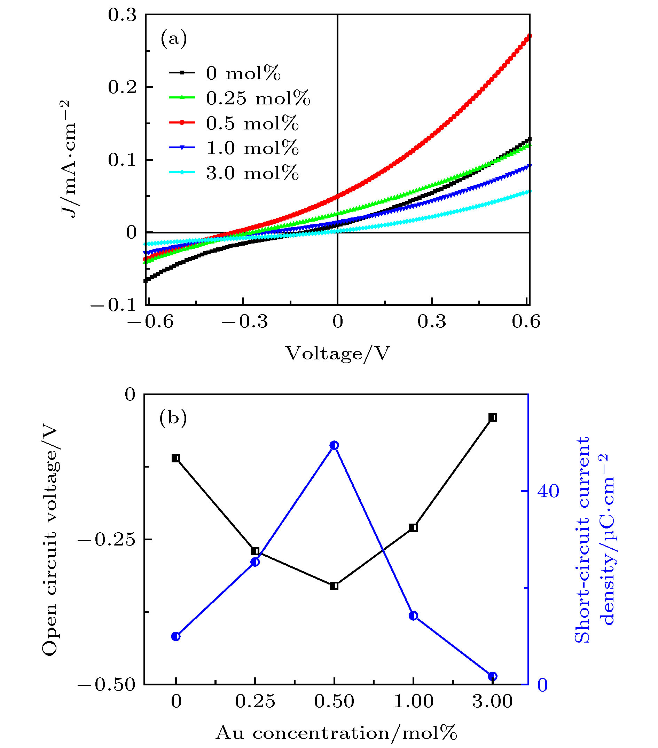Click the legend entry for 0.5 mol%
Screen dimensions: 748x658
252,123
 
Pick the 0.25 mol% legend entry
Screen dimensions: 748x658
258,98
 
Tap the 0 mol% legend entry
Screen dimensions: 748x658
243,73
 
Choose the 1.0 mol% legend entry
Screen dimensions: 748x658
252,148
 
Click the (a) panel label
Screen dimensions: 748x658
174,38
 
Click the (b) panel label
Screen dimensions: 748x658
173,417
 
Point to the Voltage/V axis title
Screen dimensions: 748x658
338,353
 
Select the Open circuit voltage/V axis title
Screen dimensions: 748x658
50,539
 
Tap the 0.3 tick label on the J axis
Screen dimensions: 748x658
122,15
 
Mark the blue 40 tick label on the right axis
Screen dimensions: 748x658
548,491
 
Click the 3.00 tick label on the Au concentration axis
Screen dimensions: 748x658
493,701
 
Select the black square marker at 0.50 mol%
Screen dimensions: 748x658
334,586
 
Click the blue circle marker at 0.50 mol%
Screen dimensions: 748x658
334,445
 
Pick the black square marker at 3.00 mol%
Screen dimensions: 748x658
493,417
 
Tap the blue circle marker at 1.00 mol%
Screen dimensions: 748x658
413,616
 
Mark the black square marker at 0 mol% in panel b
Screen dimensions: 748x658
176,458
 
